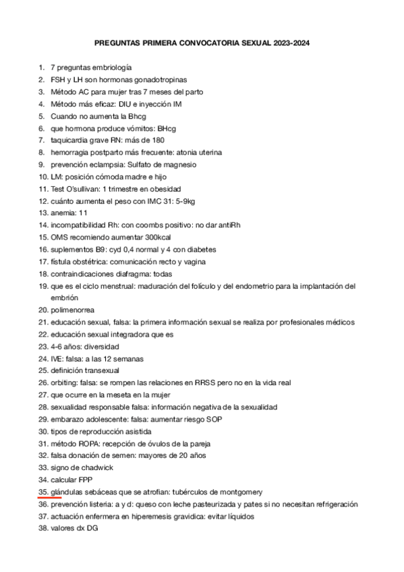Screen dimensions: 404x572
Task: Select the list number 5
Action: click(42, 116)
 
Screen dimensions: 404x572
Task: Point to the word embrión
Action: click(64, 297)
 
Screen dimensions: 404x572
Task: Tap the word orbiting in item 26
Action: click(63, 382)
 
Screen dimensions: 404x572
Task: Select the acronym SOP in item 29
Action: click(214, 419)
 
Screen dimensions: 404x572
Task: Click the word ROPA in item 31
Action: click(88, 443)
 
